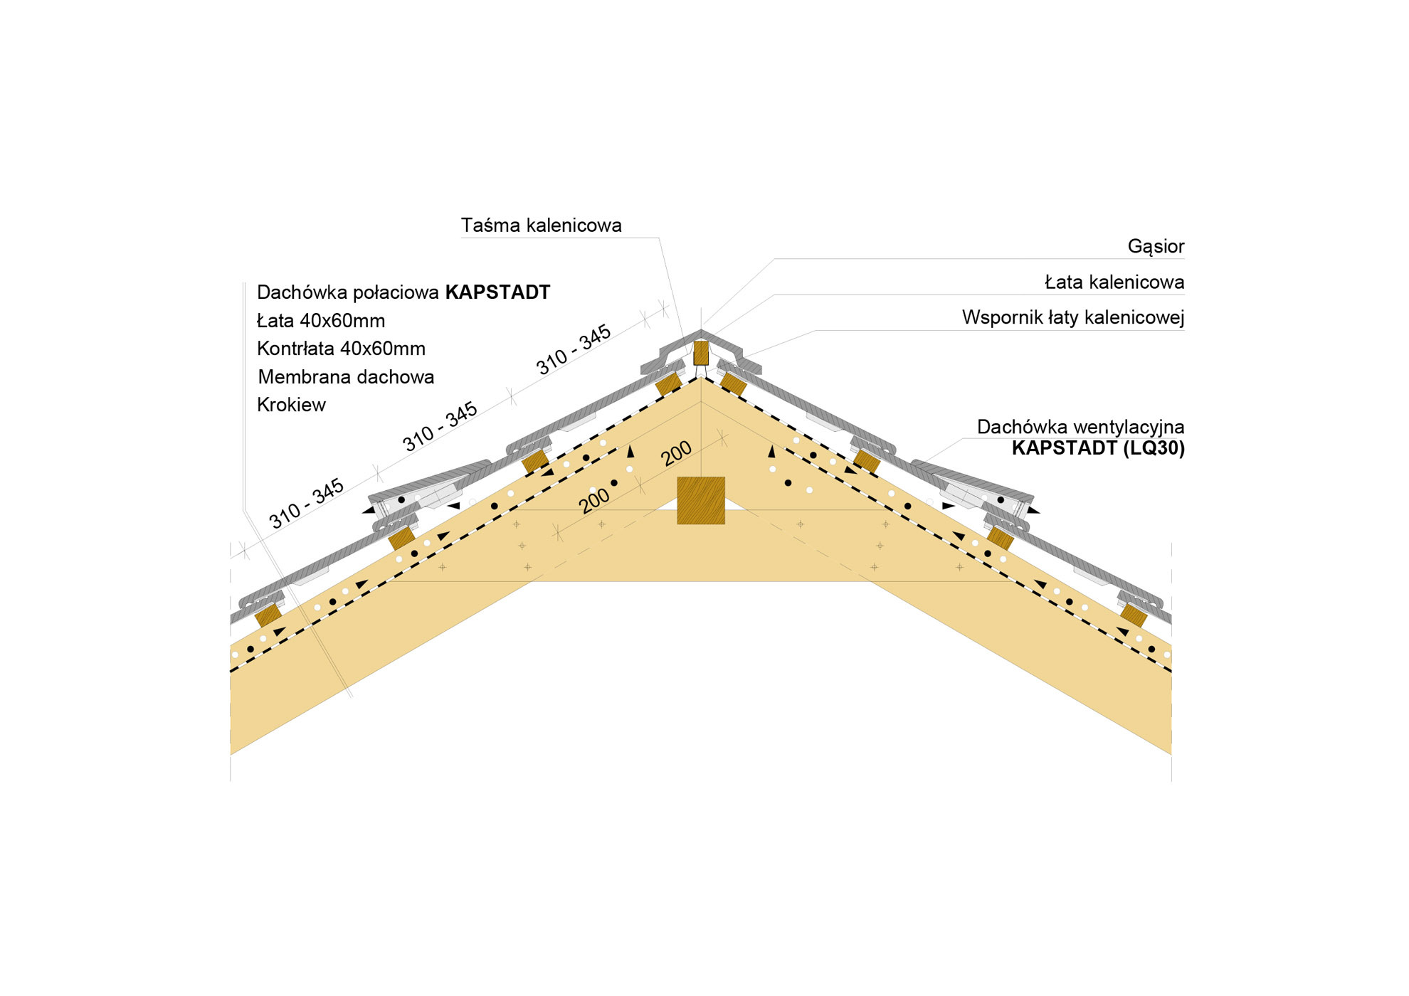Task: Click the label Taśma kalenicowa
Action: [x=541, y=226]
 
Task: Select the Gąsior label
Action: [x=1156, y=247]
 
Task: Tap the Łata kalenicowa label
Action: [x=1114, y=282]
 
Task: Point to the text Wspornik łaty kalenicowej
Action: [x=1073, y=317]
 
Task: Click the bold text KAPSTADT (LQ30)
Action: [x=1098, y=448]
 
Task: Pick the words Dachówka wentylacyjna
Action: [x=1080, y=427]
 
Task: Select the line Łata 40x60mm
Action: [x=321, y=321]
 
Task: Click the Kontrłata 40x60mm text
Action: [x=341, y=349]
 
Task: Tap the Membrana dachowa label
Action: [x=346, y=377]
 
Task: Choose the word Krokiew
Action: [x=291, y=405]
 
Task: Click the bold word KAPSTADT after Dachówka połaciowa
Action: [x=497, y=292]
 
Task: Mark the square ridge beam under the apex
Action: [x=700, y=500]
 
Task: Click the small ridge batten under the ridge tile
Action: [x=701, y=353]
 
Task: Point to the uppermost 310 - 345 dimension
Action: [x=574, y=349]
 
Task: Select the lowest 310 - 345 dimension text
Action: [x=306, y=503]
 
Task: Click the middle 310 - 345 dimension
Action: [x=440, y=426]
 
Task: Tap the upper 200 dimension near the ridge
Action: [x=676, y=453]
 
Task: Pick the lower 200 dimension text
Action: [x=594, y=500]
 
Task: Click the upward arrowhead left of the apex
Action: [x=630, y=452]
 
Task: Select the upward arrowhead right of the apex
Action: [x=771, y=452]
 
